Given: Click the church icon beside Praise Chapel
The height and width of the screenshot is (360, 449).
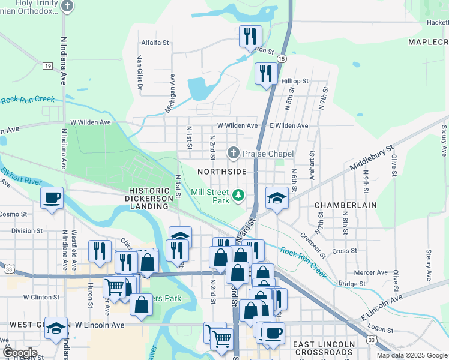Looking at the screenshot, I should click(234, 154).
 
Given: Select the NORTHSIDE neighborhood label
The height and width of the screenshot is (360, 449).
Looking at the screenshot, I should click(221, 172).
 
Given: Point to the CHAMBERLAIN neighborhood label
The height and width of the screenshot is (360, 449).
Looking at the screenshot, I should click(346, 205).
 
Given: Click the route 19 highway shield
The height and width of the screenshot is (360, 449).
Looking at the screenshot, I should click(47, 66).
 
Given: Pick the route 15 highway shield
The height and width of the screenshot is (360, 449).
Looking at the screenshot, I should click(282, 58).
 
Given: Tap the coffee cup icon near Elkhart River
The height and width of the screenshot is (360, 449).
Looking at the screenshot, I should click(52, 198).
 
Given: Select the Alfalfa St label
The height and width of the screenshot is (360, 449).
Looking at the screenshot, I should click(155, 43).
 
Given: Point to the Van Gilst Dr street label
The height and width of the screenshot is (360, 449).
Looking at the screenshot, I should click(139, 73).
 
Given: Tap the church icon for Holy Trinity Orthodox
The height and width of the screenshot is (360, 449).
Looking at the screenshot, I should click(67, 7).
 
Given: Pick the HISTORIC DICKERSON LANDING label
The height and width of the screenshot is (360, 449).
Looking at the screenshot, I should click(146, 199).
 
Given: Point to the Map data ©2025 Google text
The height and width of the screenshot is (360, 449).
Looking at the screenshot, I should click(412, 355).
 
